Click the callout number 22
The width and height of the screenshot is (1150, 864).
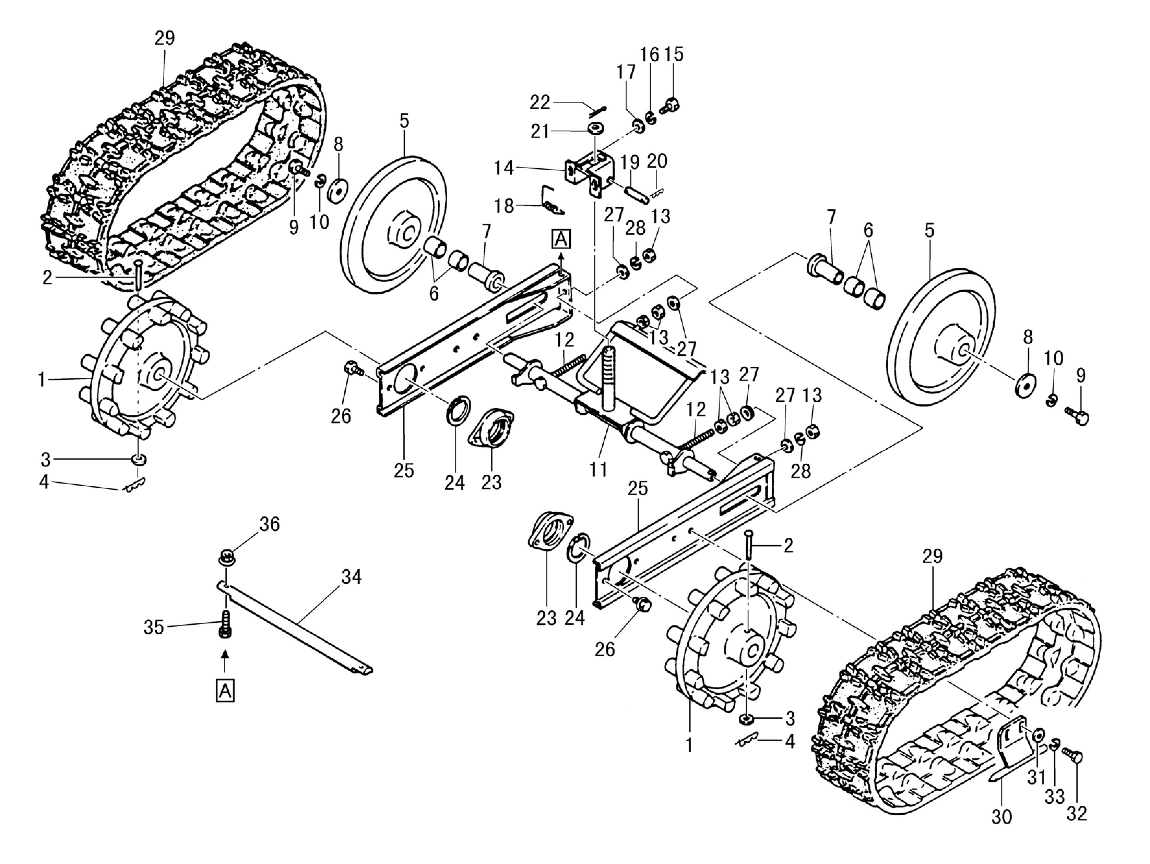pyautogui.click(x=540, y=102)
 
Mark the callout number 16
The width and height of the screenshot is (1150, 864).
pyautogui.click(x=649, y=54)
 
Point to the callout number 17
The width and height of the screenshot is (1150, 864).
pyautogui.click(x=626, y=72)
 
